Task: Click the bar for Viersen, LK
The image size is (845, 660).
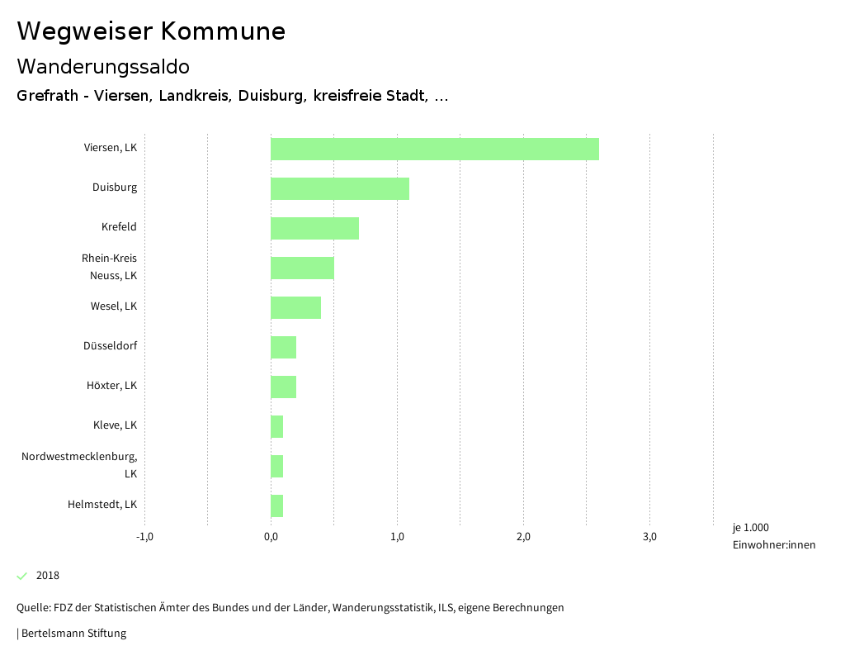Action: point(435,149)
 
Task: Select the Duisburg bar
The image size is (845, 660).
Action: point(340,188)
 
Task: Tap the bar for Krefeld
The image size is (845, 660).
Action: point(314,228)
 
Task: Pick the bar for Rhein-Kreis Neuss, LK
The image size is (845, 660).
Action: point(302,268)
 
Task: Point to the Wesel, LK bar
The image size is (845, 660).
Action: point(295,307)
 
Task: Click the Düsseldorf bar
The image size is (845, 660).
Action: point(283,347)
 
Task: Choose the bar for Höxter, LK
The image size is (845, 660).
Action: point(283,387)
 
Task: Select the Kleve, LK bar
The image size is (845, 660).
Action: point(277,426)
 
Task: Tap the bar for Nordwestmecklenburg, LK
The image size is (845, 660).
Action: point(277,466)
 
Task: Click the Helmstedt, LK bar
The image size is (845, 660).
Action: point(277,506)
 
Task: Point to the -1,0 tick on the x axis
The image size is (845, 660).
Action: point(144,537)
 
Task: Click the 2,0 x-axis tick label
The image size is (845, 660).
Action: point(523,537)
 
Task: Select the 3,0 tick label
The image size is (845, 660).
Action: point(649,537)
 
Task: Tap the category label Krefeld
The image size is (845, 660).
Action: point(119,227)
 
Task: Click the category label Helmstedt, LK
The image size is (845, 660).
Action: point(102,505)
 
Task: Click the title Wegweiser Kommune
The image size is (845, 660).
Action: point(151,31)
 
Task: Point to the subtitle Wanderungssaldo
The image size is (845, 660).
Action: point(103,66)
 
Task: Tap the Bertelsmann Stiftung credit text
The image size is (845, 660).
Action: point(73,634)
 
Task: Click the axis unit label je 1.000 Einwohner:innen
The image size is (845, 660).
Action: point(773,536)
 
